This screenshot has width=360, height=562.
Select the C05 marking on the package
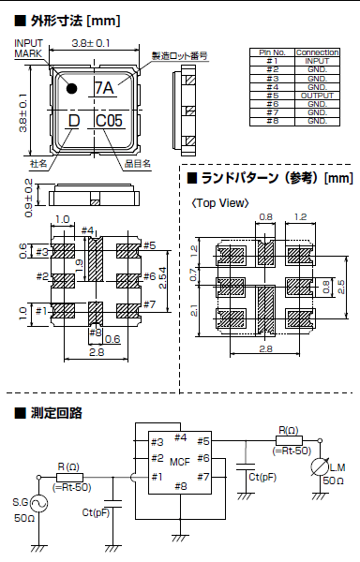(x=110, y=120)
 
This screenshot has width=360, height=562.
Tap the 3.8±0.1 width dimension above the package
(x=91, y=43)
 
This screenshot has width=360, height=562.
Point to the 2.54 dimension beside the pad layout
(x=163, y=278)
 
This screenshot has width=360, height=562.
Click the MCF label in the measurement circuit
(x=180, y=461)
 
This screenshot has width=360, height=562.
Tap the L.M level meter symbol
(x=322, y=465)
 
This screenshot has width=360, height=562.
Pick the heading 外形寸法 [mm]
(x=69, y=19)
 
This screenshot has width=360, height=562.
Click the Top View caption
(x=218, y=201)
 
